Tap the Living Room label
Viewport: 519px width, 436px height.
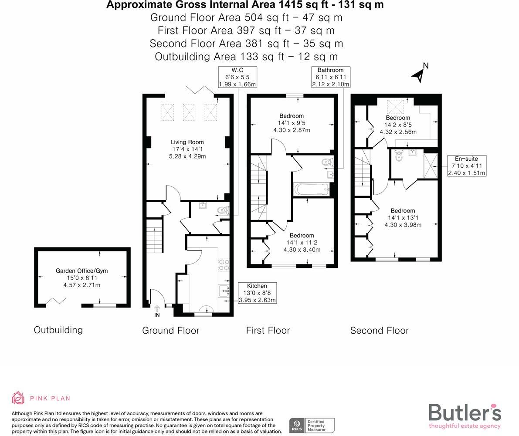187,142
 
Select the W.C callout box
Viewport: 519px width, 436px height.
237,77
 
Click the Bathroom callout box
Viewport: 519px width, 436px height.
330,77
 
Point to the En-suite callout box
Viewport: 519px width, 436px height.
466,166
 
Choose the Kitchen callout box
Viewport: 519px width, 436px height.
257,293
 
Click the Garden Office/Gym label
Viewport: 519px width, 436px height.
81,270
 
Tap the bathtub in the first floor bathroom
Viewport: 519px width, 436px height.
312,189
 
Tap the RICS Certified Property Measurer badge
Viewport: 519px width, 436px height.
312,425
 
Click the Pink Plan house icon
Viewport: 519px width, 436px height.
18,398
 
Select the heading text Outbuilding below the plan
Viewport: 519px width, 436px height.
58,330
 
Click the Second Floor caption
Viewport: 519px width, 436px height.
379,331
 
